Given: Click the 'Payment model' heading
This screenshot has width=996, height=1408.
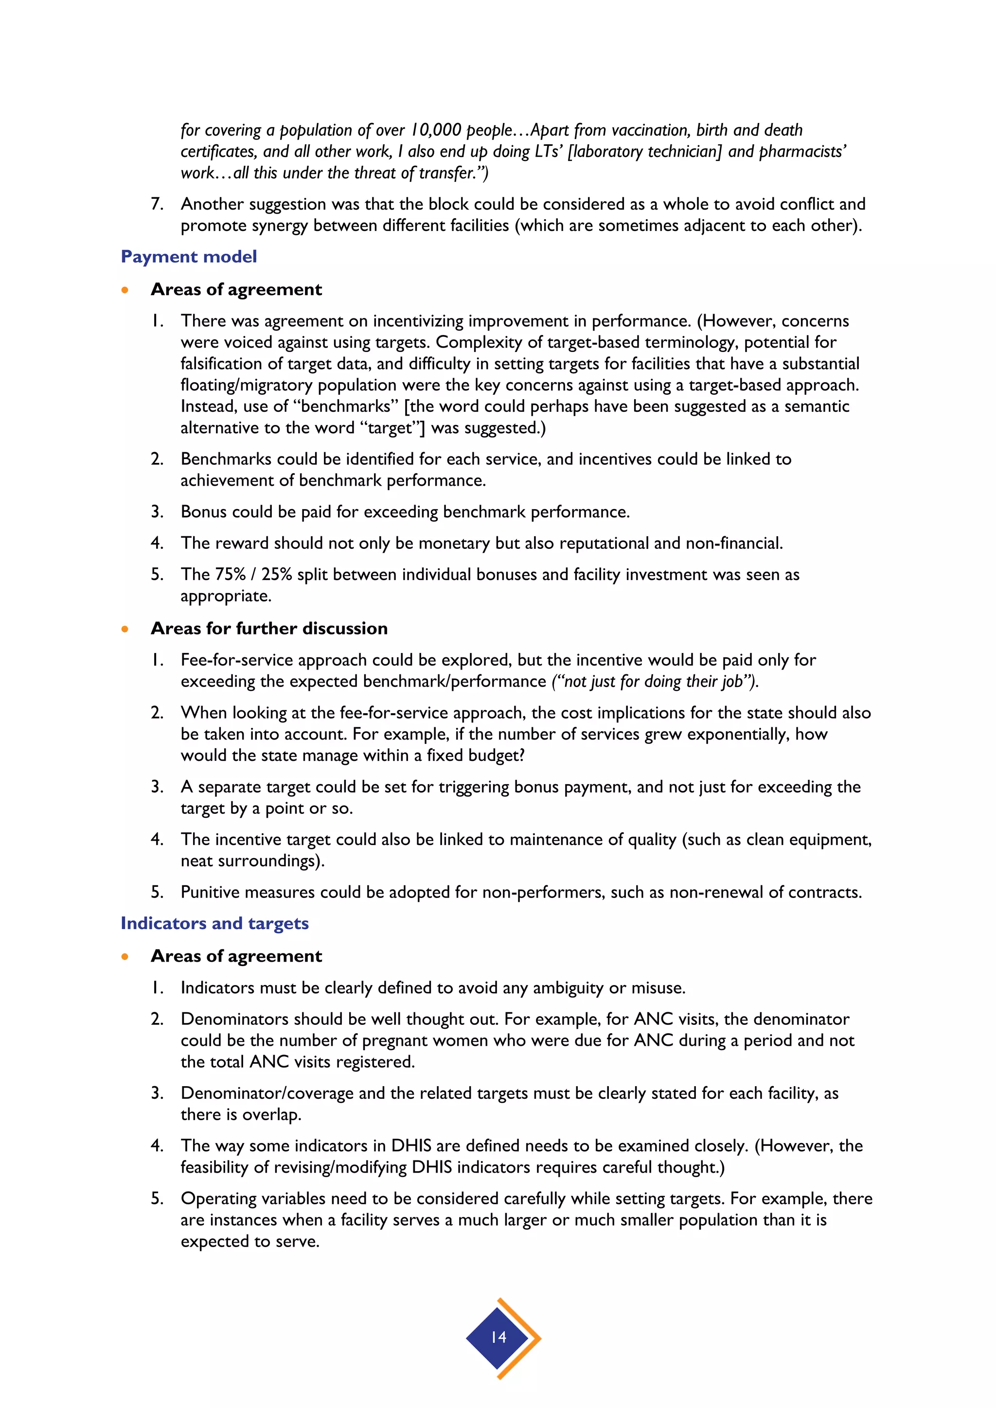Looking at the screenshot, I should [188, 256].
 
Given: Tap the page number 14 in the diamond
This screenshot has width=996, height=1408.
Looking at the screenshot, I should [498, 1338].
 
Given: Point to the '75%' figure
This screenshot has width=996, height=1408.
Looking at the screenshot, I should [230, 575].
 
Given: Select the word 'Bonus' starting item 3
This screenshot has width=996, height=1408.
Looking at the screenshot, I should [202, 512].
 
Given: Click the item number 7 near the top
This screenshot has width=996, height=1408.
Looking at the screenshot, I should [157, 204].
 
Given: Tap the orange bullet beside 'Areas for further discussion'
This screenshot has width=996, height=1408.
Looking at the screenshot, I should [125, 629].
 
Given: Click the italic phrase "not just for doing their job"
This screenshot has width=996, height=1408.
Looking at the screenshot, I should [654, 682].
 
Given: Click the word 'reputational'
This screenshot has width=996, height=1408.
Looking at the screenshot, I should [604, 544].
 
